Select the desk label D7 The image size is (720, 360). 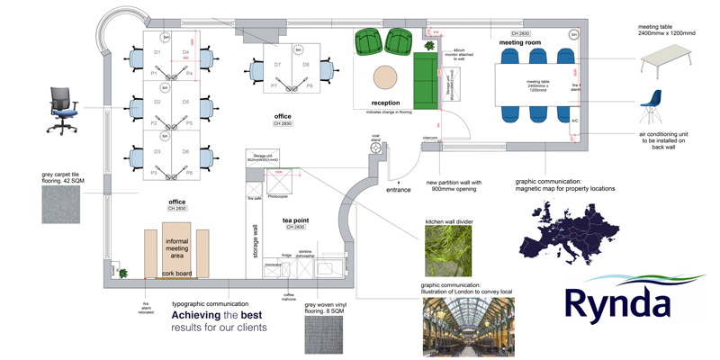pyautogui.click(x=277, y=66)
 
